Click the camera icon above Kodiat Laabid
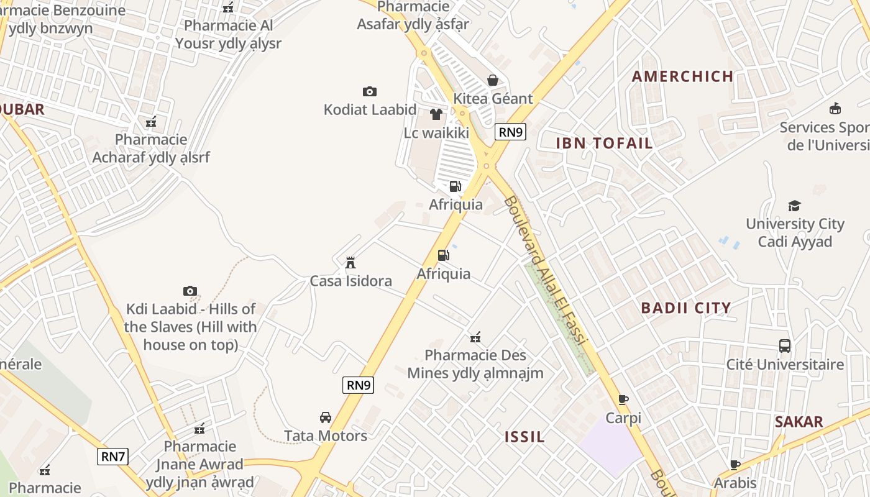370,92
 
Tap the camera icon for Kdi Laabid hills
190,291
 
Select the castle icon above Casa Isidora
350,262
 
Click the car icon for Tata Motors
325,417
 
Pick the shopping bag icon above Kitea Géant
493,80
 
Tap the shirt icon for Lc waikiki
436,114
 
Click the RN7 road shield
113,457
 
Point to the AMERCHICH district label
682,76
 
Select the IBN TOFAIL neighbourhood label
604,144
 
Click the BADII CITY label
685,308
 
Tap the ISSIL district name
524,437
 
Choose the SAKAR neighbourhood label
799,422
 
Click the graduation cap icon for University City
794,206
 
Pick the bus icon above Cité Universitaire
785,346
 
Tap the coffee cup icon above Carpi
623,399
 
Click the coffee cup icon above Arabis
735,465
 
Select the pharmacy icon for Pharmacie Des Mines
475,337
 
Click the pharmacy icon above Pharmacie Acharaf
150,121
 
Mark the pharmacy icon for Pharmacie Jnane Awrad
199,428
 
